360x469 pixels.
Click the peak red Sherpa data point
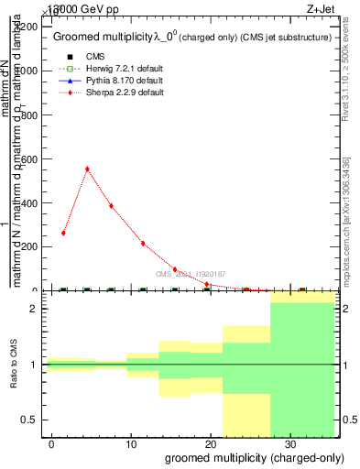(87, 169)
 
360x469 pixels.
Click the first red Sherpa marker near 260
(63, 233)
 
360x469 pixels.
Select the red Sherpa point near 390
(111, 205)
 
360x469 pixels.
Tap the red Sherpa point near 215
(143, 243)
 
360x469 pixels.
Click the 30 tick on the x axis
(289, 444)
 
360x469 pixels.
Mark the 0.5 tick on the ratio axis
(31, 420)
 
